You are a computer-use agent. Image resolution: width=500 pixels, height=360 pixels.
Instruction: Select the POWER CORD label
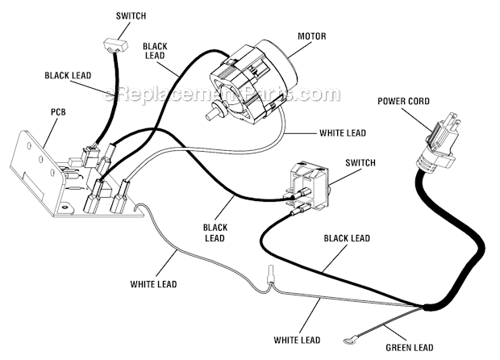point(402,101)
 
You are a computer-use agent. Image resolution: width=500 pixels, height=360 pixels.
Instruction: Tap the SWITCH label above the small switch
point(131,15)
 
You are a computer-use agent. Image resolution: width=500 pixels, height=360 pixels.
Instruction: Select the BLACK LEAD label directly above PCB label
point(69,75)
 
